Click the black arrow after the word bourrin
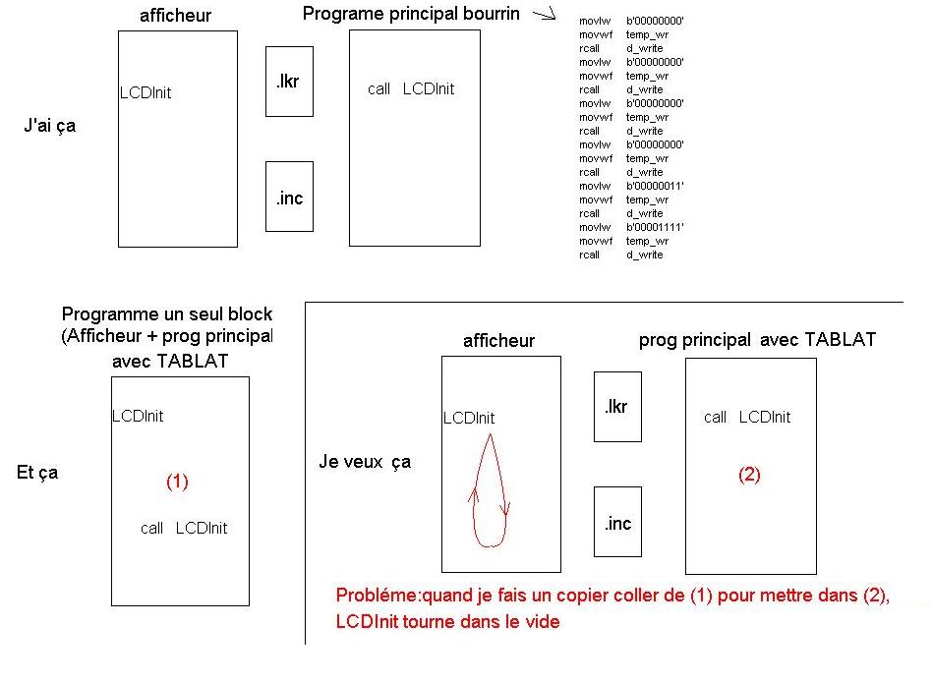coord(543,15)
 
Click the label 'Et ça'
coord(37,472)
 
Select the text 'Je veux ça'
coord(365,461)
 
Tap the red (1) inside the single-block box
coord(177,482)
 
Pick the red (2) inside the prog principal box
coord(749,475)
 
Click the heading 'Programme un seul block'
coord(166,314)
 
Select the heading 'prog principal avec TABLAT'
coord(757,340)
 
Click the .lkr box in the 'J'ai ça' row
coord(289,82)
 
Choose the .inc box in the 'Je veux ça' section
coord(617,522)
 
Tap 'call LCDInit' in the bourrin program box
coord(411,89)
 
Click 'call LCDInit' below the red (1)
coord(183,529)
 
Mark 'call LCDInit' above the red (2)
coord(747,418)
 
